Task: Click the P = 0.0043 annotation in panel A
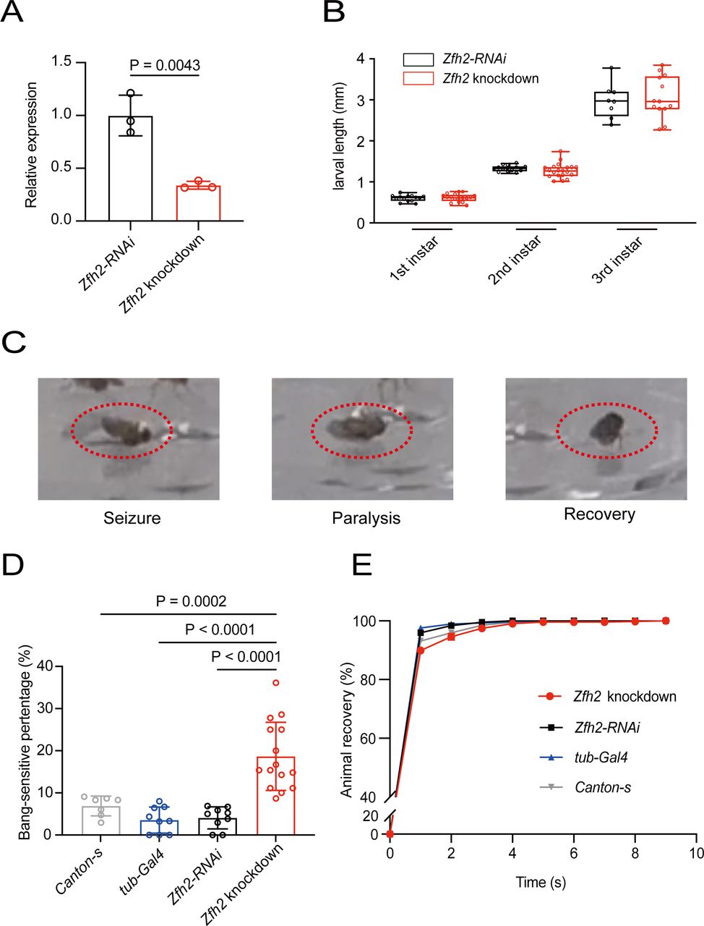point(165,65)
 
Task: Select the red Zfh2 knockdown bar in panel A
point(199,203)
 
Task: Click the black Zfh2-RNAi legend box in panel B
point(418,59)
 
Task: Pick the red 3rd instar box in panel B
point(662,93)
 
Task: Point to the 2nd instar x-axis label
point(515,260)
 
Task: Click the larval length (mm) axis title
point(339,136)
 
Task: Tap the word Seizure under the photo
point(132,518)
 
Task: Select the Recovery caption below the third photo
point(599,514)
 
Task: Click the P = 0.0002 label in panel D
point(192,601)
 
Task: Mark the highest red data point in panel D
point(276,683)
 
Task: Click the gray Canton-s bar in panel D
point(101,820)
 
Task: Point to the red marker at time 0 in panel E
point(390,834)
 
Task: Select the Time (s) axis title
point(541,883)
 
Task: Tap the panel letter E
point(362,566)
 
